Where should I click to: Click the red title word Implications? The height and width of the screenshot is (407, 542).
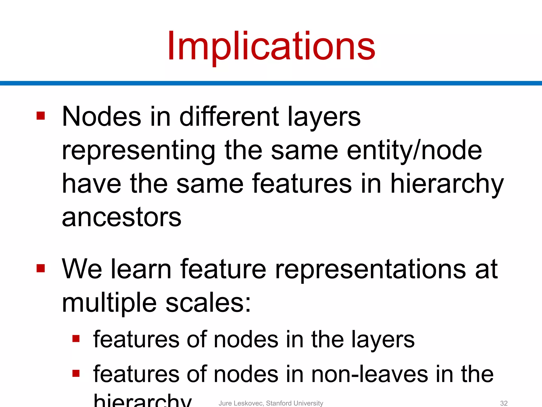point(271,46)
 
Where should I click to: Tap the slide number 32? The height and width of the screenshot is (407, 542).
point(504,403)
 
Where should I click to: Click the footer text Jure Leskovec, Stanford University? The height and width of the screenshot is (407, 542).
point(271,403)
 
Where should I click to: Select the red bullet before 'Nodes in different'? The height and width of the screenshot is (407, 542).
point(41,116)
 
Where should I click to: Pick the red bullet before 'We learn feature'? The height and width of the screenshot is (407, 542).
point(41,268)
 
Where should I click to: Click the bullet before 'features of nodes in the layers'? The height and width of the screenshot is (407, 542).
point(76,339)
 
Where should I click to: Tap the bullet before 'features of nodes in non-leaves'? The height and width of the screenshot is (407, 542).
point(76,373)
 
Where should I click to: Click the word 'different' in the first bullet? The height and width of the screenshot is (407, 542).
point(229,117)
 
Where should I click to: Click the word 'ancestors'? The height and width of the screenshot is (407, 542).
point(121,217)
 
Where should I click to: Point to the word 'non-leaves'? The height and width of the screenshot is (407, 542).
point(369,374)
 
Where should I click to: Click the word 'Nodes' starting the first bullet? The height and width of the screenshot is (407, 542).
point(101,117)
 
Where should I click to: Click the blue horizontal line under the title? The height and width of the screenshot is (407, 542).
point(271,83)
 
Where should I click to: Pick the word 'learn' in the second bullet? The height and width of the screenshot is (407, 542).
point(141,269)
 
